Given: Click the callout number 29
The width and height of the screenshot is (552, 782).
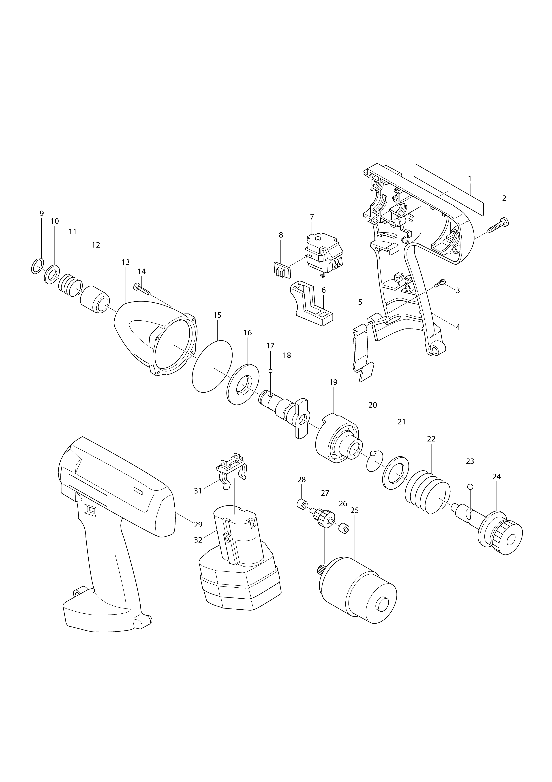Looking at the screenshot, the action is pos(198,525).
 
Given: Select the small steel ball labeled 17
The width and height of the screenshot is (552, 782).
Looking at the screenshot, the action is pos(271,371).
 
